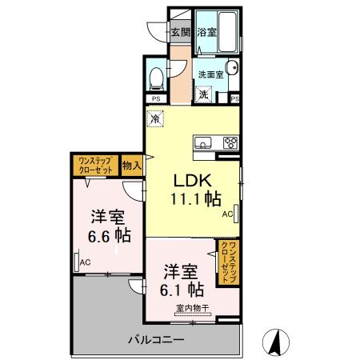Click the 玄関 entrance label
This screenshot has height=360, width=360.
[x=180, y=33]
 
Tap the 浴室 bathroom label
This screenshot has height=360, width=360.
[x=208, y=33]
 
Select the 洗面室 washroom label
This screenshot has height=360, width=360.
[x=211, y=74]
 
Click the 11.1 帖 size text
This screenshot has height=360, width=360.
[x=192, y=200]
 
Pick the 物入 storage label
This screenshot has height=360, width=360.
[x=132, y=166]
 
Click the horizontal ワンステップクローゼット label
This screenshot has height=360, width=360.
[x=95, y=166]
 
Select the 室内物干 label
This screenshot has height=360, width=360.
[x=189, y=306]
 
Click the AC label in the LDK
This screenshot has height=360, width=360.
[x=226, y=214]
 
